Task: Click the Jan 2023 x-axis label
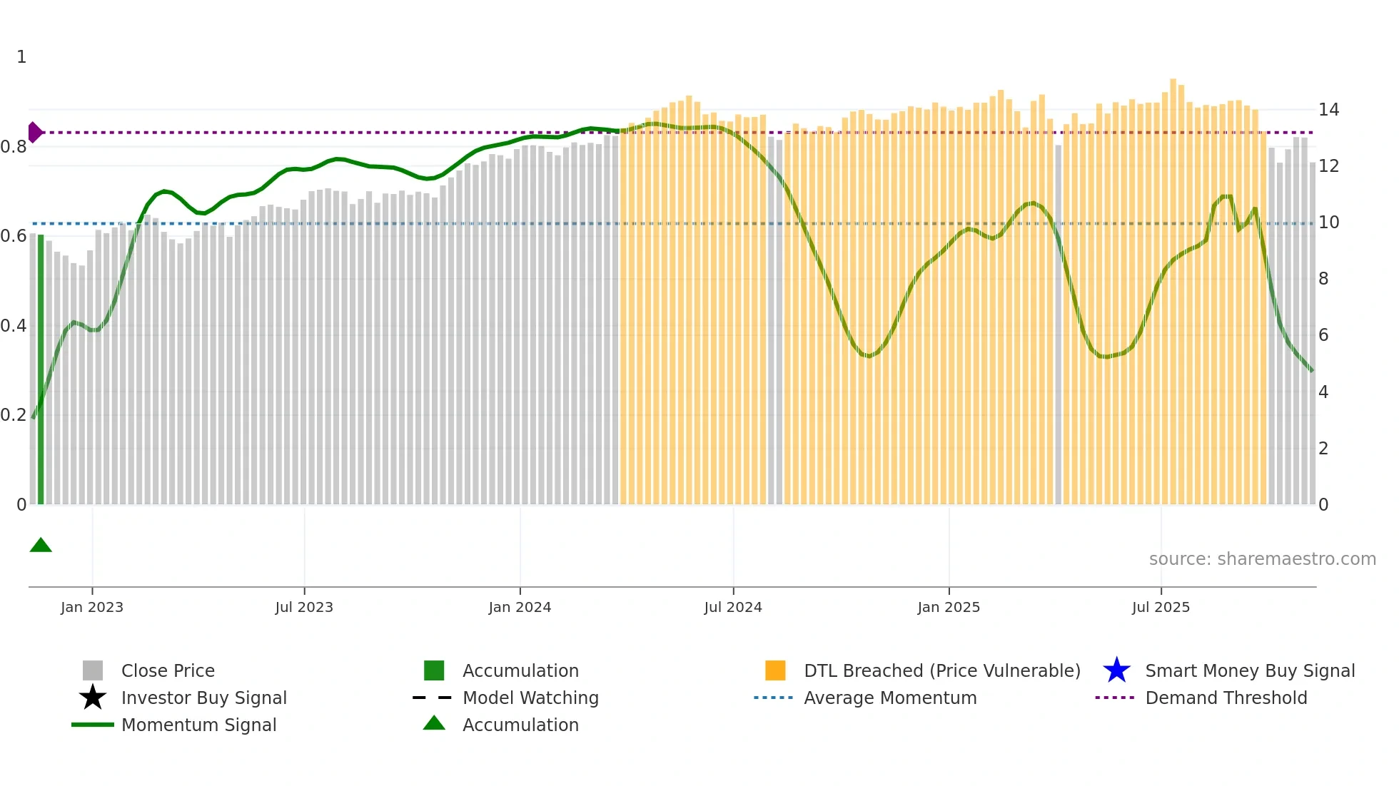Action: point(92,607)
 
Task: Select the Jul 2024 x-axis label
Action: point(733,607)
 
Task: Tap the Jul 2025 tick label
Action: point(1161,607)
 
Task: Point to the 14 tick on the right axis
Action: point(1328,110)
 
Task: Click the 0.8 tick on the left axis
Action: point(14,147)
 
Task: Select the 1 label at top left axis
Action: point(21,57)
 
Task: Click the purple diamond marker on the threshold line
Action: point(34,133)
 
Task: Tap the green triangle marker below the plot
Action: point(41,546)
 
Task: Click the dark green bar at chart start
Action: point(41,371)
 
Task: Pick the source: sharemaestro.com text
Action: point(1262,559)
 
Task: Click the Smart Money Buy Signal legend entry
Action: point(1249,670)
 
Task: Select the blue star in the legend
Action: point(1116,670)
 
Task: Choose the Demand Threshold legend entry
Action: point(1226,698)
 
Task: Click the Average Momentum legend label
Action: point(889,698)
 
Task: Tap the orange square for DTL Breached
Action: point(775,670)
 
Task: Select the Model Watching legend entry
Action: point(530,698)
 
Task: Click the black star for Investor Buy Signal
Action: point(93,698)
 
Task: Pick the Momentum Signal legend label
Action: point(198,725)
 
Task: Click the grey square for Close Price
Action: point(93,670)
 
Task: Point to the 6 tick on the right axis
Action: point(1323,335)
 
